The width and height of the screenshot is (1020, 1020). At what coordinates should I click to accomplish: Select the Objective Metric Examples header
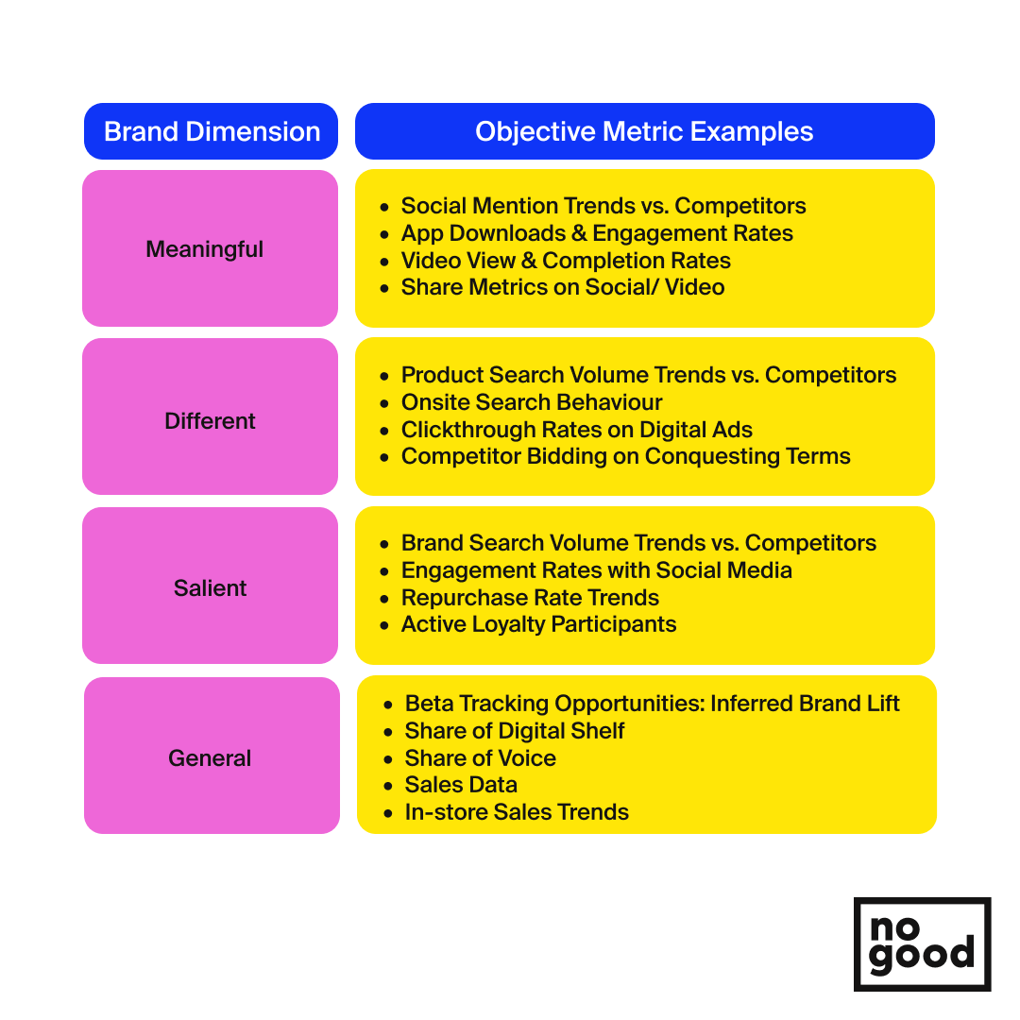(644, 131)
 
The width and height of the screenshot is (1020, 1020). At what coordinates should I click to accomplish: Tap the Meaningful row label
(204, 249)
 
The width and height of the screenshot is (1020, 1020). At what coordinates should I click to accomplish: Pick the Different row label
(210, 421)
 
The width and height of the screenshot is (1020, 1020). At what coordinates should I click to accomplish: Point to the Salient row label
(210, 588)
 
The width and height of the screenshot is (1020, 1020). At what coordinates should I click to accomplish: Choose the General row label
(210, 757)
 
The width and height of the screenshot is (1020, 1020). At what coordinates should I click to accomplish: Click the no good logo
(922, 943)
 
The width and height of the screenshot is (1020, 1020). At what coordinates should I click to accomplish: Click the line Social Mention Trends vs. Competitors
(603, 206)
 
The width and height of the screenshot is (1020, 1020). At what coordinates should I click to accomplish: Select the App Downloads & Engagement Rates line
(597, 233)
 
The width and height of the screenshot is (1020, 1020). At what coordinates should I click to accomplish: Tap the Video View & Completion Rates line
(566, 261)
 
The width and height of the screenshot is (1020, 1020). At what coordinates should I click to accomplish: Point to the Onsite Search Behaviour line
(532, 402)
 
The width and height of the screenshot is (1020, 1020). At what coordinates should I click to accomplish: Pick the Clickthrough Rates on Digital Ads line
(576, 430)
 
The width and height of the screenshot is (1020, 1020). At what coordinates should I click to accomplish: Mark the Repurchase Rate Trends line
(530, 597)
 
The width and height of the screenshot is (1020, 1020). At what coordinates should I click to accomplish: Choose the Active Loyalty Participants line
(538, 624)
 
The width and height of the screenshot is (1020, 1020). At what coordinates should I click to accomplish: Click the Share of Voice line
(480, 757)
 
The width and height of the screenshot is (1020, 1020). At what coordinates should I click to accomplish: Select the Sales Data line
(461, 785)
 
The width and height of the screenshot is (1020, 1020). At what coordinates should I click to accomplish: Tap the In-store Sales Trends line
(517, 812)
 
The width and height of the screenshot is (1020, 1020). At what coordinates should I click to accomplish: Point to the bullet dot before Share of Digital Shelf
(388, 732)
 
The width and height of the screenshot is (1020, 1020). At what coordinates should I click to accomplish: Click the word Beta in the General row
(428, 704)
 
